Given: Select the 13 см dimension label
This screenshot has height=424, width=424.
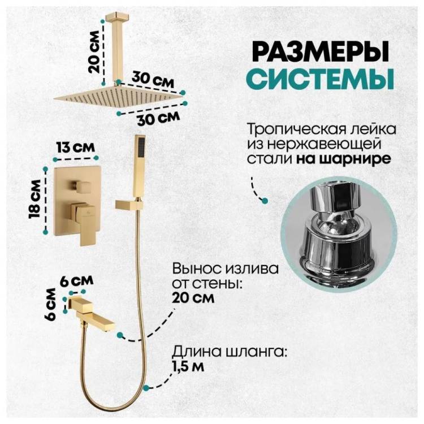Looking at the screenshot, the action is point(75,148).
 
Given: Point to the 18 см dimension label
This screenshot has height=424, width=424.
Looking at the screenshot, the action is point(36,200).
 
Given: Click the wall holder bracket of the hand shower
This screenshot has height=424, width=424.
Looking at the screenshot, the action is point(129,204).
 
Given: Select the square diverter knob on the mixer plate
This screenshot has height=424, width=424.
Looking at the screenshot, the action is point(81,187).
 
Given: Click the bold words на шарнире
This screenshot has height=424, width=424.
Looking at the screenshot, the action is point(343,159).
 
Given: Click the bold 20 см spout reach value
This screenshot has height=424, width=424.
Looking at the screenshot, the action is point(193,298).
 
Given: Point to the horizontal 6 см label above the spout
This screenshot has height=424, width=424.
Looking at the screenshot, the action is point(76,281).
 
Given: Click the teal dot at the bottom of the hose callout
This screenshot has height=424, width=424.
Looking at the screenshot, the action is point(146,388).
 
